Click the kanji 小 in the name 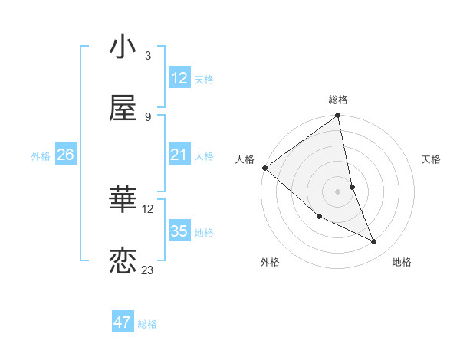pos(123,47)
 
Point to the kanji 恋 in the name pos(123,261)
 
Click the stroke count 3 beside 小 pos(148,56)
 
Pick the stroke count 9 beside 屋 pos(148,116)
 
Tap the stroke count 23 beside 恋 pos(148,270)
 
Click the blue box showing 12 pos(179,78)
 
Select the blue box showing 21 pos(179,155)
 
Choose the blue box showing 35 pos(179,231)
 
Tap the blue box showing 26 pos(65,155)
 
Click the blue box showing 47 pos(123,322)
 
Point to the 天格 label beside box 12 pos(204,79)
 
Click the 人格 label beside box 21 pos(204,155)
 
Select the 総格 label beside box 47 pos(147,324)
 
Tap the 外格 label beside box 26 pos(41,155)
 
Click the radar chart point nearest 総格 pos(337,116)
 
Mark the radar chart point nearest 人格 pos(264,168)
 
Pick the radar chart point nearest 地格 pos(374,242)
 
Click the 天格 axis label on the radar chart pos(432,159)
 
